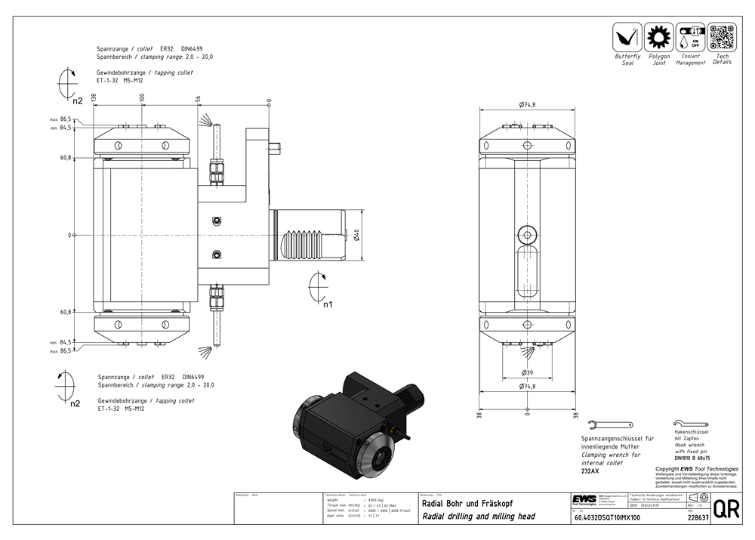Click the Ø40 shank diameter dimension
[x=356, y=235]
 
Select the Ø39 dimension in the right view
[x=527, y=373]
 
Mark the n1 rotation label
[x=327, y=306]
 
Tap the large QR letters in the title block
[x=726, y=509]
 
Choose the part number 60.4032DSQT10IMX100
[x=607, y=518]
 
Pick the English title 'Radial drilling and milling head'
[x=479, y=517]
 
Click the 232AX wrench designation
[x=590, y=471]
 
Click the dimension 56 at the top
[x=198, y=99]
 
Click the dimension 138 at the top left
[x=94, y=98]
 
